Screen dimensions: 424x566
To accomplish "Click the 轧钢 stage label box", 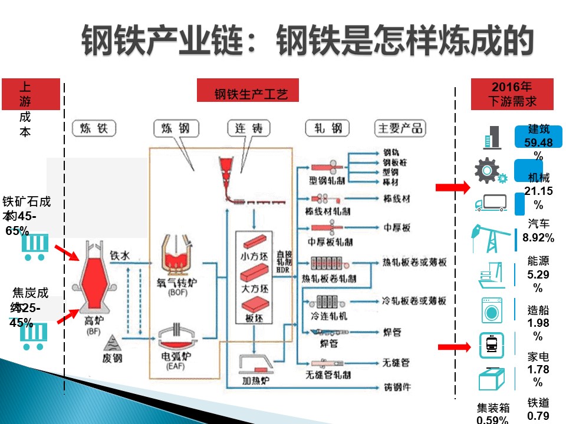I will click(328, 128).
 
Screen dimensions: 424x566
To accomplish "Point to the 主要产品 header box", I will click(400, 128).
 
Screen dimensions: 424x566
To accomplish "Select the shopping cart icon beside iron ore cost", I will click(34, 247).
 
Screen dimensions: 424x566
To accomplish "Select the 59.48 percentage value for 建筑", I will click(538, 143).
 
